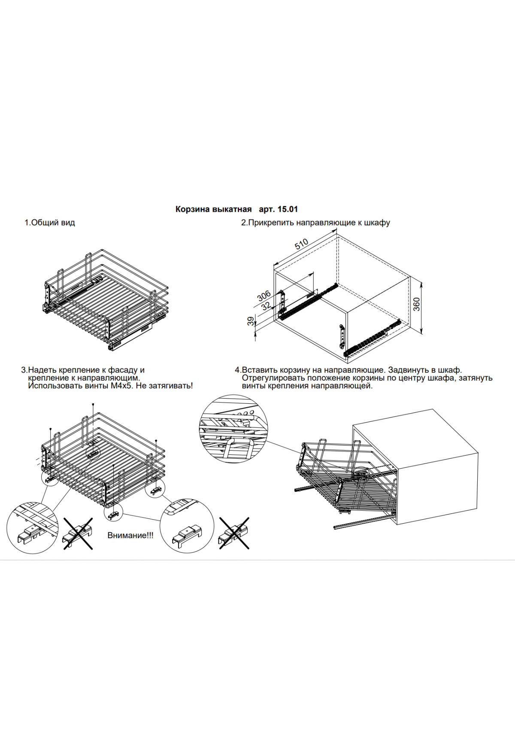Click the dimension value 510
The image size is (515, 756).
[301, 244]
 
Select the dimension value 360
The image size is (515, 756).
[416, 304]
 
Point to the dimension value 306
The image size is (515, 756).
[264, 296]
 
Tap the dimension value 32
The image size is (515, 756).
[266, 306]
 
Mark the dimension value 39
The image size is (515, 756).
[251, 321]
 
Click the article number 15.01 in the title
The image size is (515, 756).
[288, 209]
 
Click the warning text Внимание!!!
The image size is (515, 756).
[130, 535]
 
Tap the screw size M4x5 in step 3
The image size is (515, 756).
[121, 386]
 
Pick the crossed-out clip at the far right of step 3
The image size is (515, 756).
[234, 533]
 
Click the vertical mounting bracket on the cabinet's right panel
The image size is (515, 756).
[342, 336]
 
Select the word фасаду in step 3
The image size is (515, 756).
[123, 370]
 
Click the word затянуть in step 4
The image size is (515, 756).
[475, 378]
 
